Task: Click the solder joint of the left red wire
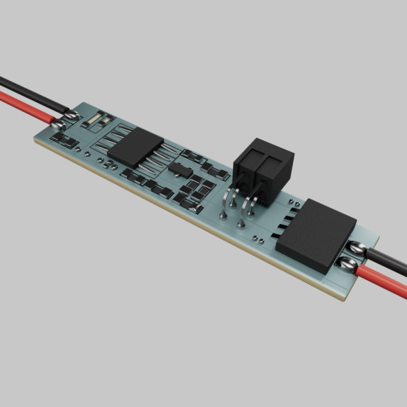(x=56, y=124)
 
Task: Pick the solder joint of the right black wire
(x=357, y=247)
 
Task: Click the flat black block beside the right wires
(x=316, y=232)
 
